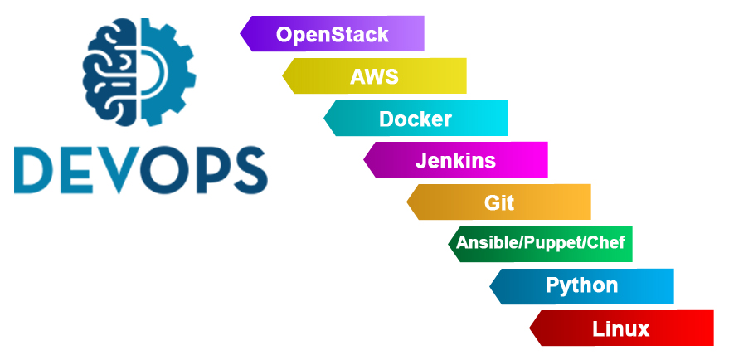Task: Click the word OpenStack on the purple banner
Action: (x=332, y=34)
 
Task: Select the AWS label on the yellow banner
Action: (x=374, y=77)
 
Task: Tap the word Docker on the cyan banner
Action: (x=416, y=119)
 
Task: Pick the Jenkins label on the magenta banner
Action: (x=455, y=161)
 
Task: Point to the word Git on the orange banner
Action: (x=499, y=202)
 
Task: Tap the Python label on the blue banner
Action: (x=581, y=285)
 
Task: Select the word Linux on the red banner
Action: (x=620, y=328)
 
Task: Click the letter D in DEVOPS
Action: (x=34, y=170)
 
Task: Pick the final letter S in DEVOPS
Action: (x=250, y=170)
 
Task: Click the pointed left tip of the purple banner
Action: (x=241, y=33)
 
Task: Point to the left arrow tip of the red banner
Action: (x=530, y=328)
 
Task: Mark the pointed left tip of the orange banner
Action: (x=407, y=202)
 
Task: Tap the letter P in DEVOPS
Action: (x=212, y=170)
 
